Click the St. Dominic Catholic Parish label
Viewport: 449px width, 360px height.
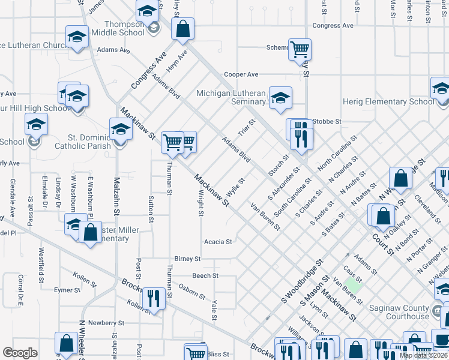pos(82,141)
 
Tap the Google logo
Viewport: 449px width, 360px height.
pos(20,353)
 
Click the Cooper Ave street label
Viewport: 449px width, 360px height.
pos(241,74)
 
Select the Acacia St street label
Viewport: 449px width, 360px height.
pos(218,242)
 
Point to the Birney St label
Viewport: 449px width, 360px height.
pos(187,259)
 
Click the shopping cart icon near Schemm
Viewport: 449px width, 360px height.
pos(299,49)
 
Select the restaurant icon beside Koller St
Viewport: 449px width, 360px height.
pos(154,298)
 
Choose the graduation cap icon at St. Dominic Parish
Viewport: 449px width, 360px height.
pos(121,128)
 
